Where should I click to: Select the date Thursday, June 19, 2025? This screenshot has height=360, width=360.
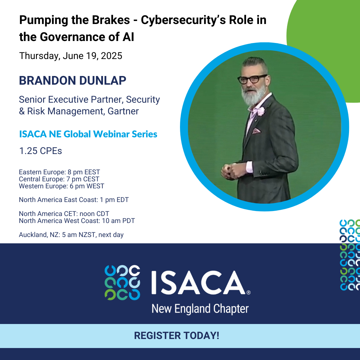pos(71,56)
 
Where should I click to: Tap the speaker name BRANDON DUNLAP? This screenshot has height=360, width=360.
pos(73,81)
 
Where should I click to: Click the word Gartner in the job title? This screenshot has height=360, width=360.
pos(123,111)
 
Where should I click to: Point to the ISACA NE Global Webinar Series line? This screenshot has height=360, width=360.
pos(88,134)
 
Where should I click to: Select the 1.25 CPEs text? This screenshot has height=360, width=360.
pos(41,151)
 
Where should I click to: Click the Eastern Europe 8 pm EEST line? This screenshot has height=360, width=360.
pos(59,172)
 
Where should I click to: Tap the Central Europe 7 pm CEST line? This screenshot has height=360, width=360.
pos(59,179)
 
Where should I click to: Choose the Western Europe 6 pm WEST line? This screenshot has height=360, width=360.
pos(62,186)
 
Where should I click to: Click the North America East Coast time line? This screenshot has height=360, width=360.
pos(74,200)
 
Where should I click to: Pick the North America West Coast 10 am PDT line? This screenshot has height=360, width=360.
pos(77,221)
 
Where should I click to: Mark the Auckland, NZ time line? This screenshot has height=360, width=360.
pos(71,235)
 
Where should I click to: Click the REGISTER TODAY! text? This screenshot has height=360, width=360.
pos(177,336)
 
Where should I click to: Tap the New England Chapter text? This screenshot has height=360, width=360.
pos(200,309)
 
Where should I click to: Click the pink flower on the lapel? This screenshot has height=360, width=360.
pos(261,111)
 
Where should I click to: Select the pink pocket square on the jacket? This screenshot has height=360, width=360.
pos(256,131)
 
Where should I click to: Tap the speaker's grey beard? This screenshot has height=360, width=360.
pos(253,96)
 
